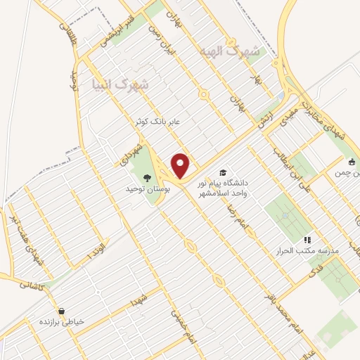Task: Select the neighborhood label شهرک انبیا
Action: tap(120, 84)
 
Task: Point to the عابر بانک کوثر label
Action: tap(158, 122)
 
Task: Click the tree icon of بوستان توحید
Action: tap(147, 178)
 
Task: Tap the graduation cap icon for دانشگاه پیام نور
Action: tap(223, 172)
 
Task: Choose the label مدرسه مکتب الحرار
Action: tap(310, 250)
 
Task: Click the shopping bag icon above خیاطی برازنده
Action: tap(61, 311)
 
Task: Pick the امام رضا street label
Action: tap(236, 217)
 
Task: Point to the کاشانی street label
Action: tap(32, 285)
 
